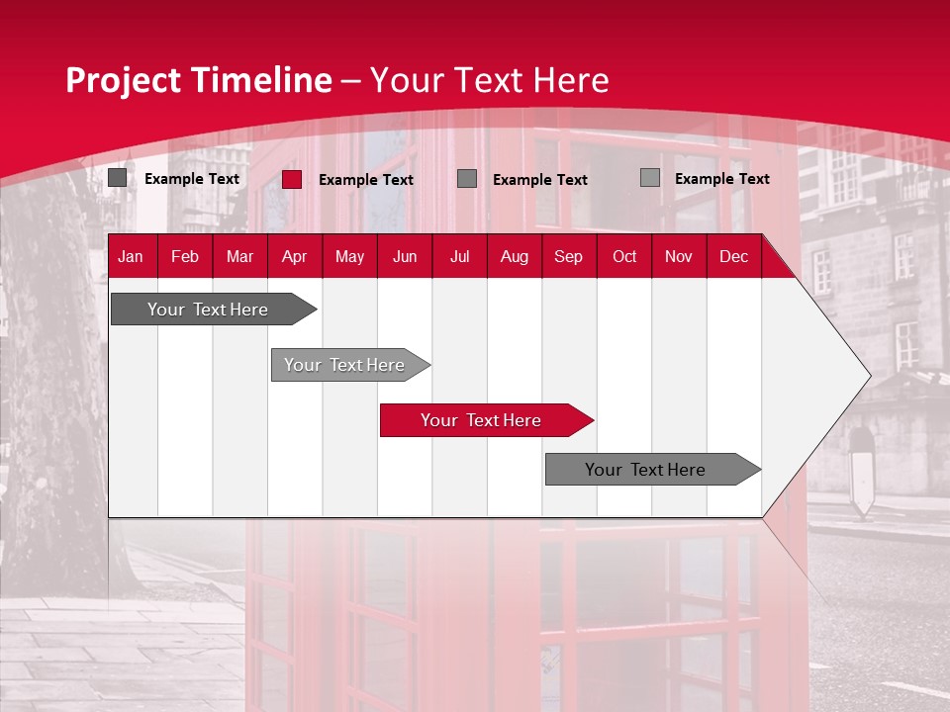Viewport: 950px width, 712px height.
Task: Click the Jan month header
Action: click(131, 257)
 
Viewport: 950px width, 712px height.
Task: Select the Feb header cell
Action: click(185, 257)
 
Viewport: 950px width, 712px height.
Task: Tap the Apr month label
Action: click(294, 257)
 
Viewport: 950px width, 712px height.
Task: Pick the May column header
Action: click(349, 257)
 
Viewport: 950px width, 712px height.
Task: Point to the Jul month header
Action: click(459, 257)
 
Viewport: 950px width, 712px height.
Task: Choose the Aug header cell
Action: click(514, 257)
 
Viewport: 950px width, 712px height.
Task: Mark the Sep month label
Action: click(568, 257)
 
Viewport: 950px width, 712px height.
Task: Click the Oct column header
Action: click(624, 257)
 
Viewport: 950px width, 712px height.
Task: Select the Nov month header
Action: click(679, 257)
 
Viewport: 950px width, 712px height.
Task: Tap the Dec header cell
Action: click(733, 257)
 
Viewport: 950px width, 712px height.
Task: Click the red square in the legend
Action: click(292, 179)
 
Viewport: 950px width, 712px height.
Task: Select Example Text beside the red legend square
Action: click(365, 180)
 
